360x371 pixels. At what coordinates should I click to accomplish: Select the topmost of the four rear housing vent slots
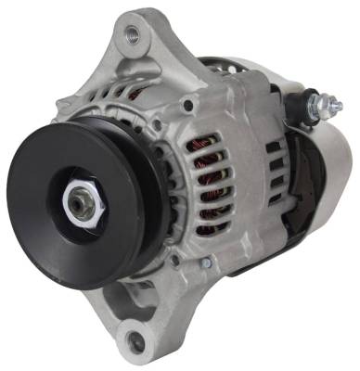(275, 147)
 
